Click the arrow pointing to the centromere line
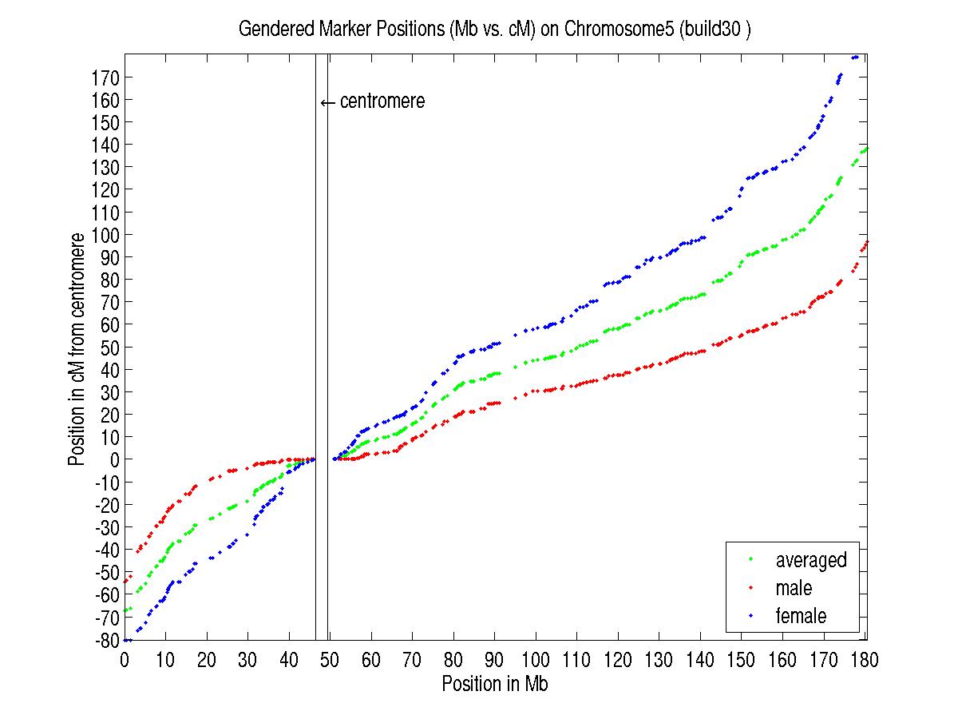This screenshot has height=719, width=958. [327, 102]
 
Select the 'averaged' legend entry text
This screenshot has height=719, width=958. [810, 560]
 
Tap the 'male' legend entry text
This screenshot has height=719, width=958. [794, 588]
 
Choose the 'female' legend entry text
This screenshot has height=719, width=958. [801, 616]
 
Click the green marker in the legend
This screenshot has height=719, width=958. [751, 560]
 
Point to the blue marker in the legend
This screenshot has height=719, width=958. [751, 616]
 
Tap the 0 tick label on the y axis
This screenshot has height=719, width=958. [114, 460]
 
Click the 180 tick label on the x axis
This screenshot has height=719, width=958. [861, 661]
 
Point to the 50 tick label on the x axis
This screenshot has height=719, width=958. [330, 661]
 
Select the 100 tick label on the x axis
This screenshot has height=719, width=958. [535, 661]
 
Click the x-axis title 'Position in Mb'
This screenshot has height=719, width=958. [494, 685]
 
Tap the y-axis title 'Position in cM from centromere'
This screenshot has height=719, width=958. [77, 349]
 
